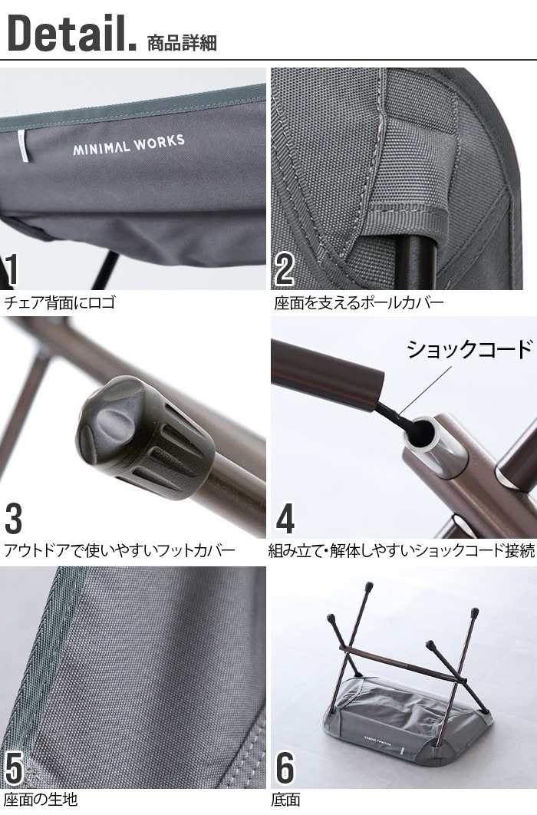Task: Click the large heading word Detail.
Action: tap(71, 32)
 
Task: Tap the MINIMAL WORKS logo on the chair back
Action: tap(128, 144)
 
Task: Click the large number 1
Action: tap(11, 270)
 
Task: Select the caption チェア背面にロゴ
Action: tap(59, 302)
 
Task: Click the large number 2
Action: tap(284, 269)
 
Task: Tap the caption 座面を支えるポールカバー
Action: tap(358, 302)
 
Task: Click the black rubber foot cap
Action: tap(146, 438)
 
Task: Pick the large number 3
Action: tap(14, 518)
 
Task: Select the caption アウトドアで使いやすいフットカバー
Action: tap(120, 550)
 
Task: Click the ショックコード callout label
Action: tap(469, 348)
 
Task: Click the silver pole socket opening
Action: tap(425, 431)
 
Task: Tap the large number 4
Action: tap(285, 518)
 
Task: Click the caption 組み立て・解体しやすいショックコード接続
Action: tap(401, 550)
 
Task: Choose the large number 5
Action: tap(14, 767)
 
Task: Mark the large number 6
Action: tap(285, 767)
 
